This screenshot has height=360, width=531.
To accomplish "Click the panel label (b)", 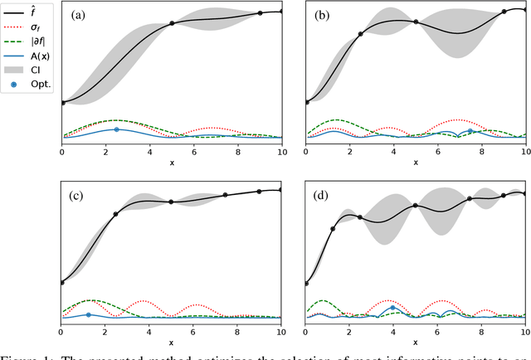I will (x=323, y=15).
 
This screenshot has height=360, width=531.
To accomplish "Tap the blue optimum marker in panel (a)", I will (x=116, y=129).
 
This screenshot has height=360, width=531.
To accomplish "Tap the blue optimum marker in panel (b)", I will (x=470, y=130).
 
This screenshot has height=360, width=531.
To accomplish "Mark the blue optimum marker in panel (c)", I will (x=89, y=314).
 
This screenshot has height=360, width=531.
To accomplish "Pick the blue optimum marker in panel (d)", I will (x=393, y=308).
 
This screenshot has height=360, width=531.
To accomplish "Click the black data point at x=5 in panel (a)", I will (x=172, y=23).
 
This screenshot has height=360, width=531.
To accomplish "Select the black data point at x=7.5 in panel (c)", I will (x=226, y=196).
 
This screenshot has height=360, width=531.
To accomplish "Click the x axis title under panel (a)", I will (x=172, y=163).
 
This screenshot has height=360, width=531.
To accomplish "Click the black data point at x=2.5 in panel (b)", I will (x=360, y=34).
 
